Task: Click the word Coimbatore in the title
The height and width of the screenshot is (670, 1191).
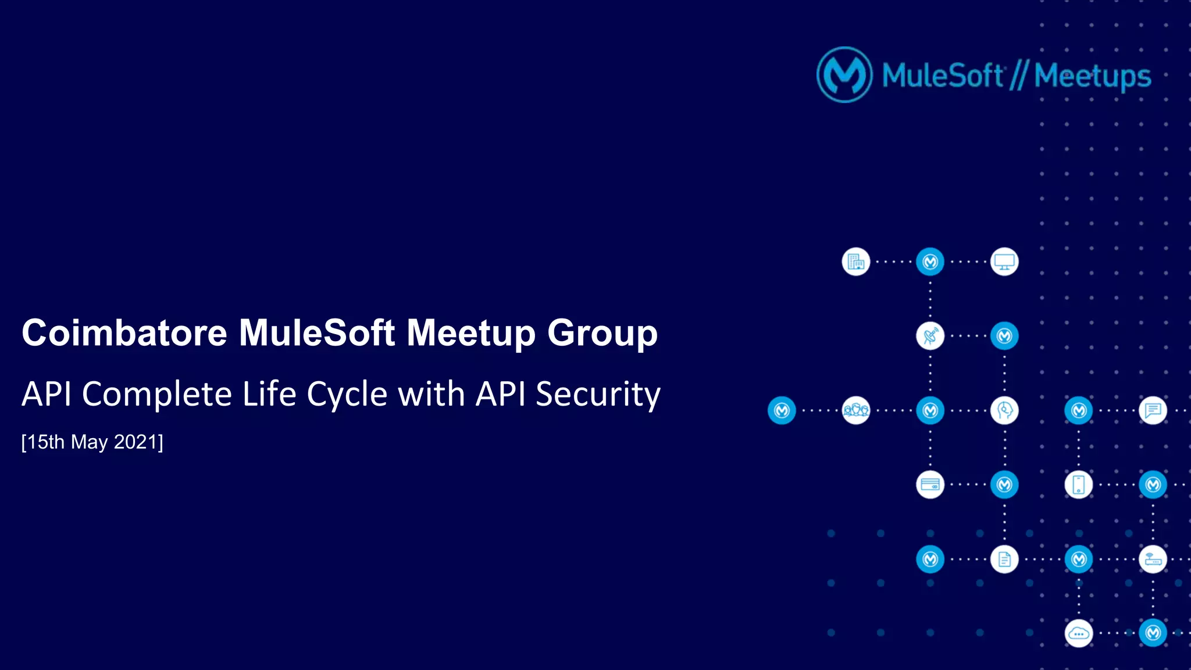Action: [x=124, y=333]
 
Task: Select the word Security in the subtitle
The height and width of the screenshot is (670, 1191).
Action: [x=598, y=394]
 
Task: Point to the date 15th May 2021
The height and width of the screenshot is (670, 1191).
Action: [x=92, y=442]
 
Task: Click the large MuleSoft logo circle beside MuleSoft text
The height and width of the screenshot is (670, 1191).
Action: [x=844, y=75]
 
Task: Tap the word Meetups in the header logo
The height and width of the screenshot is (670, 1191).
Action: [x=1092, y=76]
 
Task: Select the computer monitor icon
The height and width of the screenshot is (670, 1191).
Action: [x=1004, y=261]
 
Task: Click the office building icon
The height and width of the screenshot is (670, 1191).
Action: [x=855, y=261]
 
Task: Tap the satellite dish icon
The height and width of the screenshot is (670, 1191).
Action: [x=930, y=336]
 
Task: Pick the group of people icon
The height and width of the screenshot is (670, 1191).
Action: [x=855, y=410]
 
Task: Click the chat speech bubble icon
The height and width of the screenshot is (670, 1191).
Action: [x=1153, y=410]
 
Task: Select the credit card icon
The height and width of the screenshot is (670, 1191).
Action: [x=930, y=485]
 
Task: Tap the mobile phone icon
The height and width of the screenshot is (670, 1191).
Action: [x=1079, y=485]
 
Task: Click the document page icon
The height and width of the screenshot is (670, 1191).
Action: [x=1004, y=559]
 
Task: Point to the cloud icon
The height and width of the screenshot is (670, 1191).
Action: [x=1079, y=633]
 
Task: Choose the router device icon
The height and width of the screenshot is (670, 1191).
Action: [x=1153, y=559]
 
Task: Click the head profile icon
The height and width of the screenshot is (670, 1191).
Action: [x=1004, y=410]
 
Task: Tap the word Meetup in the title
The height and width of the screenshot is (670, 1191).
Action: [x=470, y=333]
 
